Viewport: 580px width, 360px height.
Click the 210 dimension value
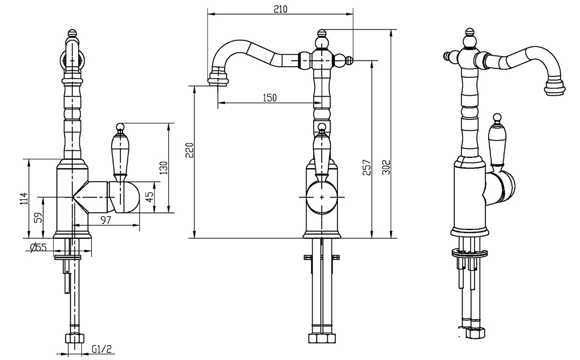coord(280,9)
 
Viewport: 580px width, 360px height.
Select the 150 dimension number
coord(270,98)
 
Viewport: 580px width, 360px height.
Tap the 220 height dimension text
coord(189,150)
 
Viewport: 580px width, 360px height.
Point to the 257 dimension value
coord(367,168)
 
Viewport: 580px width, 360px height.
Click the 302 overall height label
coord(386,167)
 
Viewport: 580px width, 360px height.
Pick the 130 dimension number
coord(164,168)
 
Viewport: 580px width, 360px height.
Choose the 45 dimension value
coord(149,197)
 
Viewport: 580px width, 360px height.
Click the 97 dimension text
coord(106,220)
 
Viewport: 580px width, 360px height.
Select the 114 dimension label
coord(24,199)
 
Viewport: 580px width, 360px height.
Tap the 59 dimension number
coord(38,217)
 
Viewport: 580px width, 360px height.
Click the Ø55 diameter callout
coord(38,248)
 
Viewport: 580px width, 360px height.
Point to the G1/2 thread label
coord(101,349)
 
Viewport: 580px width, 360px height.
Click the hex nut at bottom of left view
coord(74,339)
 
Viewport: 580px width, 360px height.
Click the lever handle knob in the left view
coord(120,127)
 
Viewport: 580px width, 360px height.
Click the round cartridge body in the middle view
coord(321,197)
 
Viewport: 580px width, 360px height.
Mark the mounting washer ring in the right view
coord(469,253)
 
